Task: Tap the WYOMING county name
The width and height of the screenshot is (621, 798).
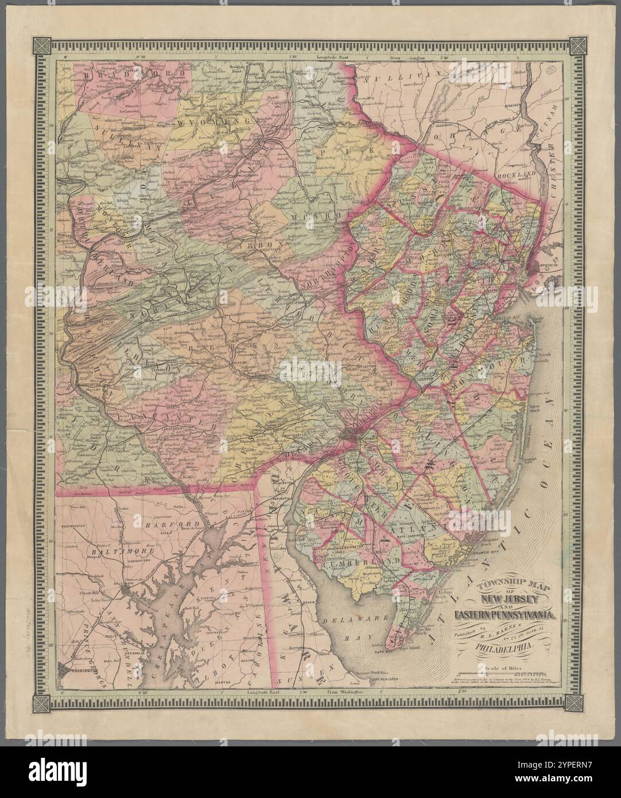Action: coord(214,123)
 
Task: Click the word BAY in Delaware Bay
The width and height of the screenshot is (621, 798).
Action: coord(372,637)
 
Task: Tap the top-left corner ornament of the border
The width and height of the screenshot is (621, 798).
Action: coord(42,45)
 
